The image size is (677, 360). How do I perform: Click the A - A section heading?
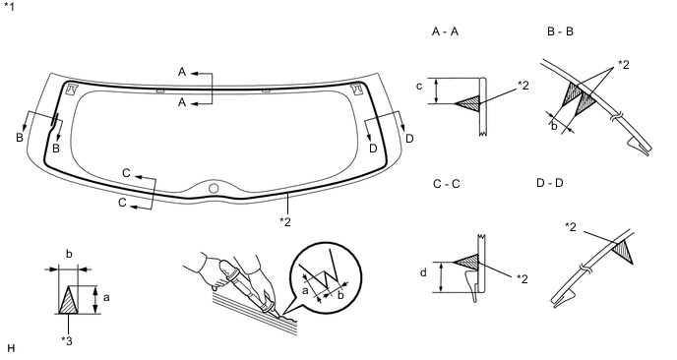point(445,31)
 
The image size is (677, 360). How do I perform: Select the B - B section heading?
point(560,31)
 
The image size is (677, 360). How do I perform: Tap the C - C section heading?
point(447,184)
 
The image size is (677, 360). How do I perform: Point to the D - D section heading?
point(550,183)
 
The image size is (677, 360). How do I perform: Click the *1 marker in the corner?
point(9,7)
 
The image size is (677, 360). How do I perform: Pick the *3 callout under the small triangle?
point(67,341)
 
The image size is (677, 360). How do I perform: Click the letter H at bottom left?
point(11,348)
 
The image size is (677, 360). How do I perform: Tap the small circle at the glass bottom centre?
point(214,188)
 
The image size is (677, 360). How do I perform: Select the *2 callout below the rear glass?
point(285,221)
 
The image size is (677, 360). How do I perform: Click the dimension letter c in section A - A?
point(419,87)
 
